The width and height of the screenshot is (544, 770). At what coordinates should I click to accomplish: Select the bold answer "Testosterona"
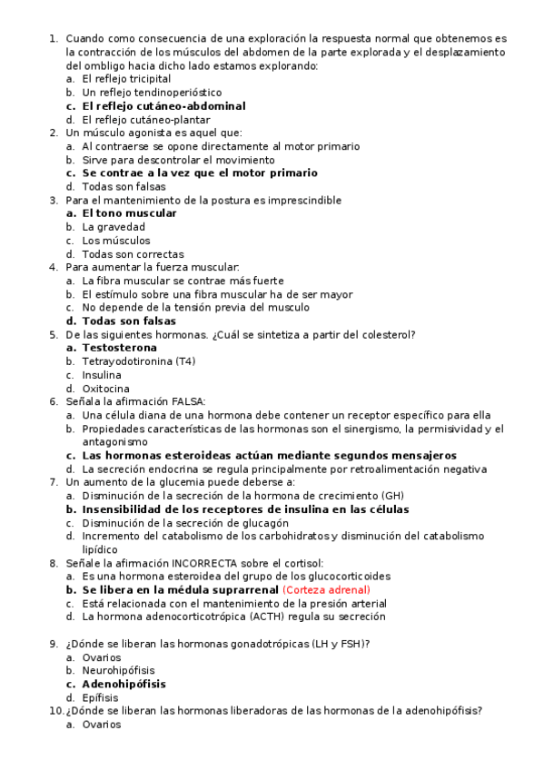pos(119,348)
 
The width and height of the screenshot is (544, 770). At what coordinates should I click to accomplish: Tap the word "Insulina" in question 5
pos(101,375)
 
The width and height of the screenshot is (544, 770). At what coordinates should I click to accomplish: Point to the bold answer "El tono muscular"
pos(129,213)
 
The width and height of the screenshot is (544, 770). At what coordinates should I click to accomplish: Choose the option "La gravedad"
pos(113,227)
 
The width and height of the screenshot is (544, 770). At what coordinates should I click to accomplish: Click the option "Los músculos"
pos(115,241)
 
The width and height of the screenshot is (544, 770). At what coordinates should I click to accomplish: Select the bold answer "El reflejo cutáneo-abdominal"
pos(163,106)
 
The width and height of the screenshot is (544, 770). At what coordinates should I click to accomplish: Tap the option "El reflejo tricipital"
pos(125,79)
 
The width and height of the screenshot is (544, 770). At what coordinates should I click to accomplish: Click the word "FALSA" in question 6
pos(187,401)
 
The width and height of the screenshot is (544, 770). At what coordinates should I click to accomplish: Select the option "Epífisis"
pos(100,697)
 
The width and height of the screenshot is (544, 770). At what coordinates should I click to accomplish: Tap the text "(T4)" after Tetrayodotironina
pos(185,361)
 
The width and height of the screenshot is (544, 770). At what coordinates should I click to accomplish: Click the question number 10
pos(54,711)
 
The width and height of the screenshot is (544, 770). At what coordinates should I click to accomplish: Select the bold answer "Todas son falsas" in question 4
pos(129,321)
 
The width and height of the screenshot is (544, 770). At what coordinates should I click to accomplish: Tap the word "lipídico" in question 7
pos(101,549)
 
